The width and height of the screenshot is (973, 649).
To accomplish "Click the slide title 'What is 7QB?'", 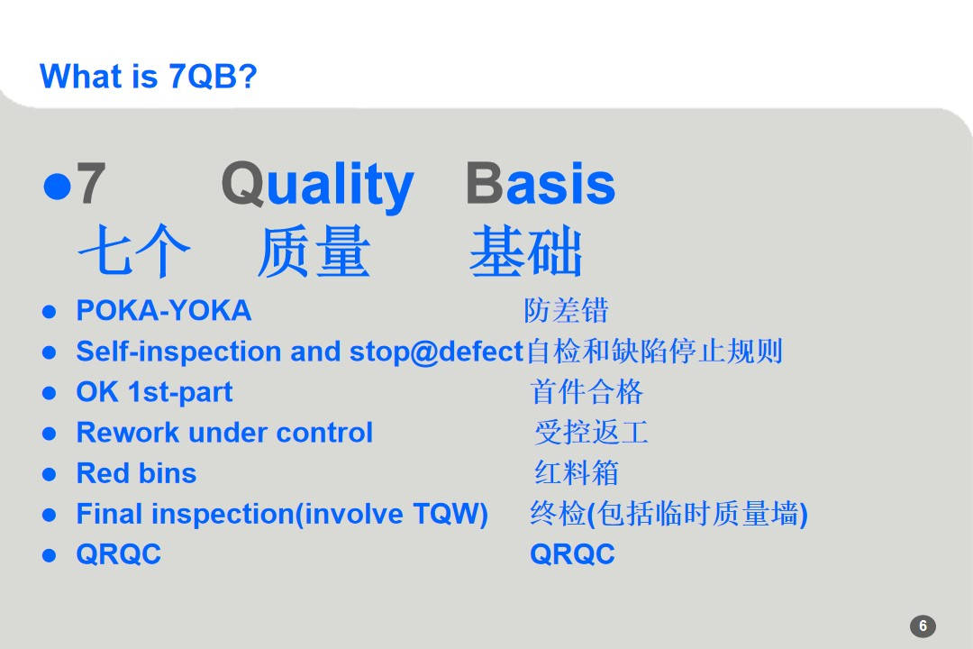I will (x=149, y=77).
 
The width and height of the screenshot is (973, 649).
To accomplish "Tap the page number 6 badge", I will (x=923, y=626).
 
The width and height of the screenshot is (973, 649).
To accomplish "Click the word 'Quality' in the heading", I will (x=317, y=185).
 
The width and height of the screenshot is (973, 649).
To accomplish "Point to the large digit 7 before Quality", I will (x=90, y=185).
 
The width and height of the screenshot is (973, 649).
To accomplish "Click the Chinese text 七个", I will (x=133, y=252).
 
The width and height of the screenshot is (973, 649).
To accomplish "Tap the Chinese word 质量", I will (x=314, y=252).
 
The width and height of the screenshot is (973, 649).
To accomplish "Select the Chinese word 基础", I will (x=526, y=252).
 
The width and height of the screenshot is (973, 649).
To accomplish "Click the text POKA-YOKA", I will (x=163, y=311).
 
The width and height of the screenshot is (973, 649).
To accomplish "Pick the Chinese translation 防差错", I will (x=566, y=311).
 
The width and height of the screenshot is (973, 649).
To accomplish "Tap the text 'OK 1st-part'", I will (x=154, y=392).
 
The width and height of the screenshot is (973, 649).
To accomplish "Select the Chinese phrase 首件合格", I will (x=587, y=392).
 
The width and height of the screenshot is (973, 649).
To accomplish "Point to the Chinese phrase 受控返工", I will (x=591, y=433).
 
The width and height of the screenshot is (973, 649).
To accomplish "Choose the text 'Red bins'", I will (x=136, y=473).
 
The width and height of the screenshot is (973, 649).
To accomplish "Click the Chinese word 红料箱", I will (x=577, y=473).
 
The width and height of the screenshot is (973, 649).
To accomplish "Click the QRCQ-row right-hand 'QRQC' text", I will (x=572, y=554).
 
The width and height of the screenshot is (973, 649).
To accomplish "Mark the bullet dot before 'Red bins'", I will (x=50, y=474).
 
